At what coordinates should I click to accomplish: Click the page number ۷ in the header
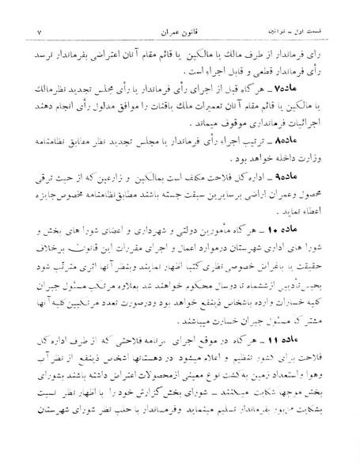pyautogui.click(x=26, y=10)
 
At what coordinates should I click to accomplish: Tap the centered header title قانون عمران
pyautogui.click(x=181, y=10)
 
